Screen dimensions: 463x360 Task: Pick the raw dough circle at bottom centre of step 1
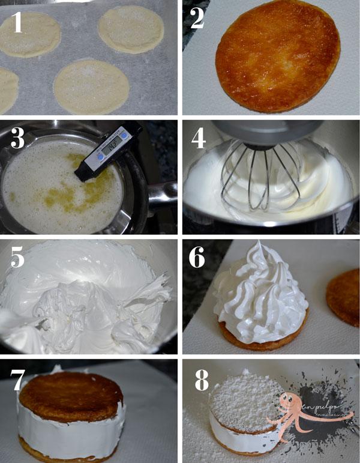[x=91, y=86]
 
